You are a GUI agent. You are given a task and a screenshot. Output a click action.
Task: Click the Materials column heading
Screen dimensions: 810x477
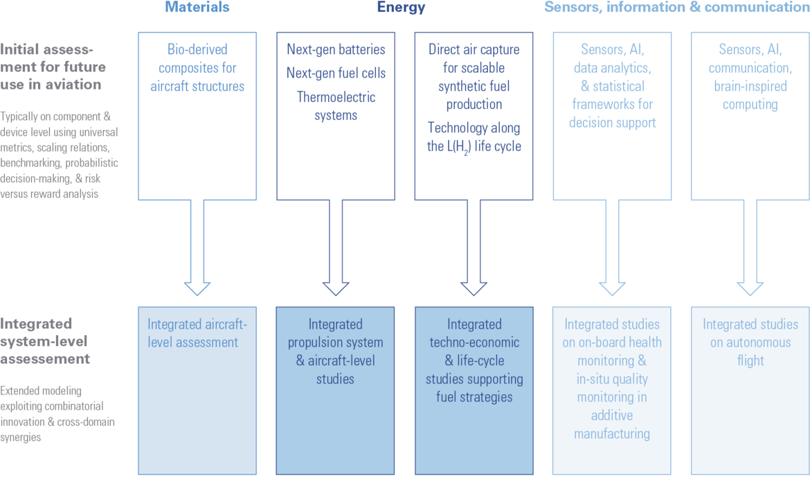coord(197,7)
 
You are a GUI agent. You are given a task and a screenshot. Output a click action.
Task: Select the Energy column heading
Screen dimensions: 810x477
coord(401,7)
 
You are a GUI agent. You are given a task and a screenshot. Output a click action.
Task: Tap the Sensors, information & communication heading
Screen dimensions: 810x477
coord(676,7)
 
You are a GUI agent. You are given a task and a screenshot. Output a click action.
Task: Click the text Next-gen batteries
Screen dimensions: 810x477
coord(336,50)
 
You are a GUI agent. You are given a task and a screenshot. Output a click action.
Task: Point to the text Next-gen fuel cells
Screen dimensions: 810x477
coord(336,73)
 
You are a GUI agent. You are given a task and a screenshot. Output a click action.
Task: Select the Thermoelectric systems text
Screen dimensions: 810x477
coord(336,106)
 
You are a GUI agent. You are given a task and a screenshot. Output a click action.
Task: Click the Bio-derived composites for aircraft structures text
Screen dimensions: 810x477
coord(197,68)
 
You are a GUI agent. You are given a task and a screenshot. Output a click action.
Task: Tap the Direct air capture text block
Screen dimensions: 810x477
coord(474,76)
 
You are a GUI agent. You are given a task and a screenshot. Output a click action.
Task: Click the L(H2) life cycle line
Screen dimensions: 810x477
coord(474,146)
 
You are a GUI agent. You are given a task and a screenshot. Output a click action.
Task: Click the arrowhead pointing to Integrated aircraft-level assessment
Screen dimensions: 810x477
coord(197,288)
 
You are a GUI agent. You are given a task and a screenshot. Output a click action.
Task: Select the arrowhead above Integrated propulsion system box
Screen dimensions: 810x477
coord(336,288)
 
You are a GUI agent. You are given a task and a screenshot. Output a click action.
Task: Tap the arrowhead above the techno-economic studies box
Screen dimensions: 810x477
coord(474,288)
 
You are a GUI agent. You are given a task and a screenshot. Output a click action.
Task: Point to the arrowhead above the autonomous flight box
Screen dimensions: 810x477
coord(750,288)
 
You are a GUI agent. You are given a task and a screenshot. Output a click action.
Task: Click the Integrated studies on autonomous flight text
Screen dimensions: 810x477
coord(750,342)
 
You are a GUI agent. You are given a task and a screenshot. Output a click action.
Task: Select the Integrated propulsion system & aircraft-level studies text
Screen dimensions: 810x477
coord(336,352)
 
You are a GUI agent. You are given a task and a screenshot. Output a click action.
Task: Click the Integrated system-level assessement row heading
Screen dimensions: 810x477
coord(45,341)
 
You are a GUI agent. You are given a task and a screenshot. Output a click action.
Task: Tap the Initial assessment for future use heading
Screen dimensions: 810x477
coord(53,67)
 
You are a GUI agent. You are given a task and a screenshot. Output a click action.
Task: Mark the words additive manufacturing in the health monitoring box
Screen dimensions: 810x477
coord(612,425)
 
